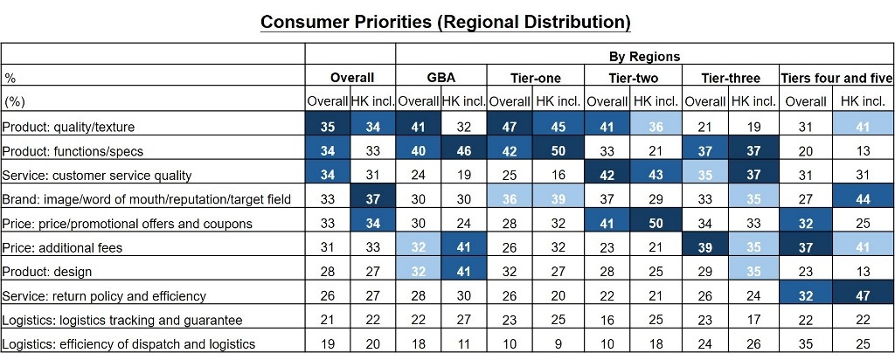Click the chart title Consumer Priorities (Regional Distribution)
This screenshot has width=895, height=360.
tap(447, 21)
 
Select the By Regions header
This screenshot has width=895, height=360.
tap(643, 56)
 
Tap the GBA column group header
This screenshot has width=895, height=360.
tap(441, 78)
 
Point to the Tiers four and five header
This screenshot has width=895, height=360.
tap(836, 78)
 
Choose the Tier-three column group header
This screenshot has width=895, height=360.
tap(731, 78)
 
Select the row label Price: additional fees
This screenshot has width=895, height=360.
tap(62, 247)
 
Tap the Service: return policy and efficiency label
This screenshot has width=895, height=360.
tap(104, 295)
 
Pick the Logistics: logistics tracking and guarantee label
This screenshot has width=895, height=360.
tap(121, 320)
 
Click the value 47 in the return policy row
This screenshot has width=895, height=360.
tap(863, 295)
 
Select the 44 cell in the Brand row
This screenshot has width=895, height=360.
tap(863, 199)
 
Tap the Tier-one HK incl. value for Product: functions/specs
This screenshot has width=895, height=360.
tap(557, 150)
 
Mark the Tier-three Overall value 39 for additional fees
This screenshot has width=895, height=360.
tap(705, 247)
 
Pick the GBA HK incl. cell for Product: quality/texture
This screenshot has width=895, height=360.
tap(463, 127)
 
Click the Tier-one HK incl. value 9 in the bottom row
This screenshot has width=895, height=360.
tap(557, 344)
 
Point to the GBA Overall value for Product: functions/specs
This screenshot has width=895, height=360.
tap(418, 150)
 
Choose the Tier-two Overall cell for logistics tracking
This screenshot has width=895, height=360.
tap(607, 320)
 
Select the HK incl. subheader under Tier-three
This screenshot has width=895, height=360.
tap(753, 101)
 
